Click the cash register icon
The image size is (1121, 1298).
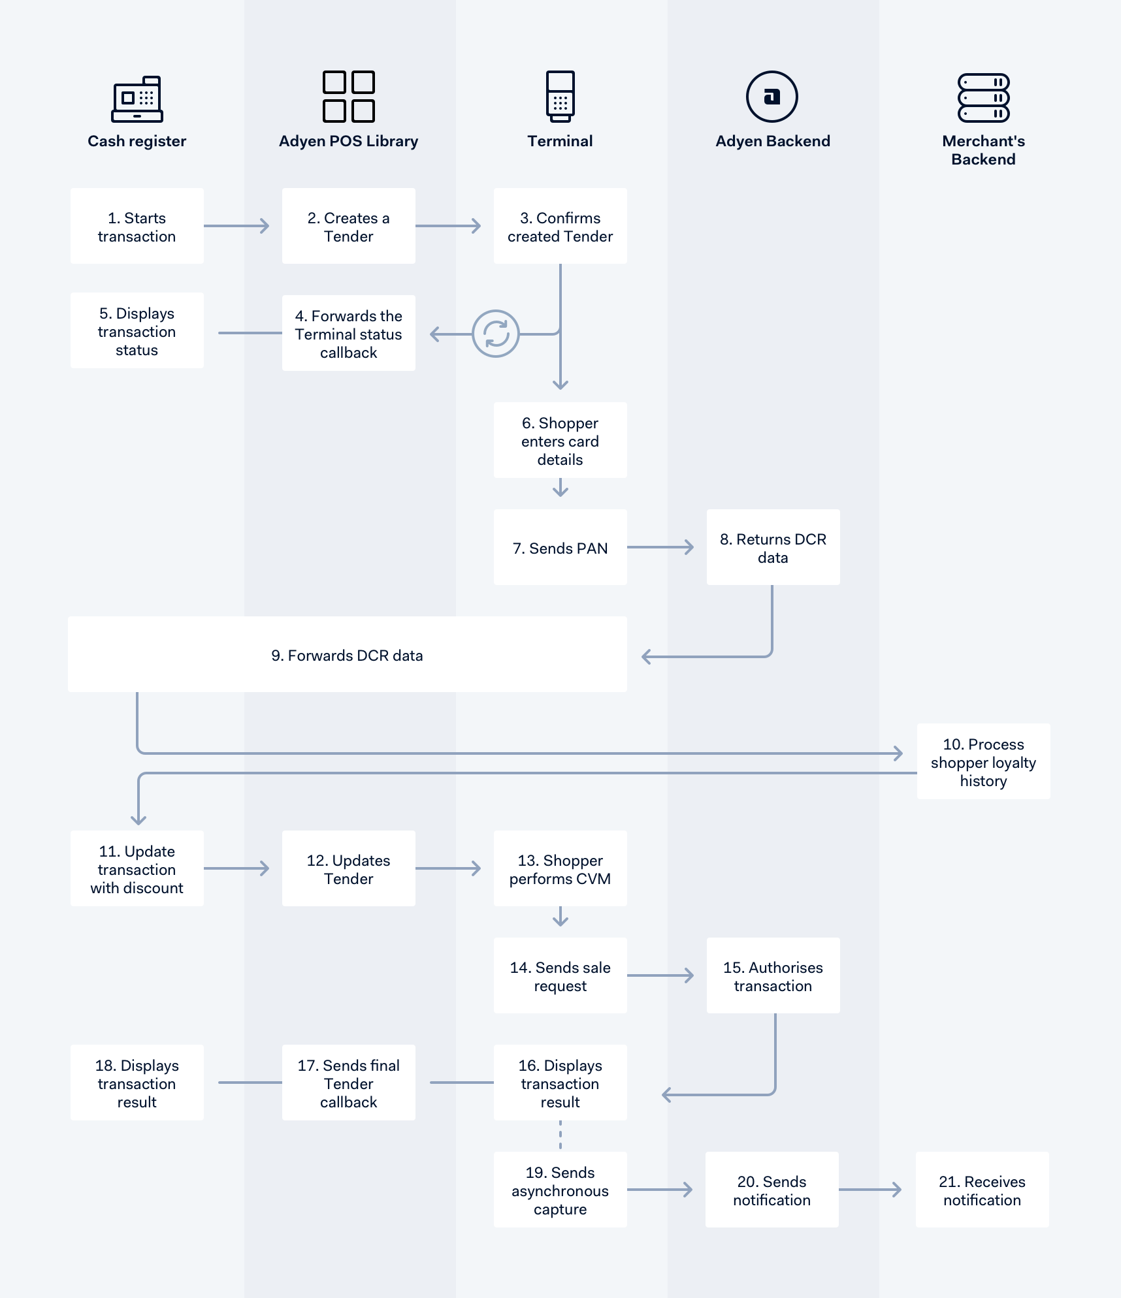pyautogui.click(x=137, y=99)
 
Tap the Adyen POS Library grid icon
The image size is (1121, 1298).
pyautogui.click(x=349, y=97)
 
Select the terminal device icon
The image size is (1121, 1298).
pyautogui.click(x=560, y=97)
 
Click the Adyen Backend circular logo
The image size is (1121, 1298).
pyautogui.click(x=772, y=97)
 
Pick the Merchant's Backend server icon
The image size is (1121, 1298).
pyautogui.click(x=983, y=98)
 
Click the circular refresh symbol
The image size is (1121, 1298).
pyautogui.click(x=496, y=334)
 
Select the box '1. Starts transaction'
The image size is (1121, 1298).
pyautogui.click(x=137, y=227)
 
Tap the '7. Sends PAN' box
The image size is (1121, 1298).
pyautogui.click(x=560, y=548)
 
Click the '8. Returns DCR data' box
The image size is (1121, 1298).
pyautogui.click(x=773, y=548)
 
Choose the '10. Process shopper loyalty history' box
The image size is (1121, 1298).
pyautogui.click(x=983, y=762)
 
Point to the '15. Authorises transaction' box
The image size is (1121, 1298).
pyautogui.click(x=773, y=976)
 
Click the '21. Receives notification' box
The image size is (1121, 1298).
pyautogui.click(x=982, y=1190)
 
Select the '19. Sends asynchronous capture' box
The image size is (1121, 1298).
pyautogui.click(x=560, y=1190)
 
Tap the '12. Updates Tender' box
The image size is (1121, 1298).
pyautogui.click(x=349, y=869)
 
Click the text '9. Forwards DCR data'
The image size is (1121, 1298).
pyautogui.click(x=347, y=656)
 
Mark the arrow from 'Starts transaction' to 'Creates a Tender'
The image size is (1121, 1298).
pyautogui.click(x=236, y=226)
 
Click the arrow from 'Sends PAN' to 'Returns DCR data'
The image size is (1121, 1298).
pyautogui.click(x=660, y=547)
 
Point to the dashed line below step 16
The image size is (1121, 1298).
pyautogui.click(x=560, y=1135)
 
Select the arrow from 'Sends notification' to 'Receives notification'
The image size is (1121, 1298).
pyautogui.click(x=870, y=1190)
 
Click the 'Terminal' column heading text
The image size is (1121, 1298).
pyautogui.click(x=560, y=141)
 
